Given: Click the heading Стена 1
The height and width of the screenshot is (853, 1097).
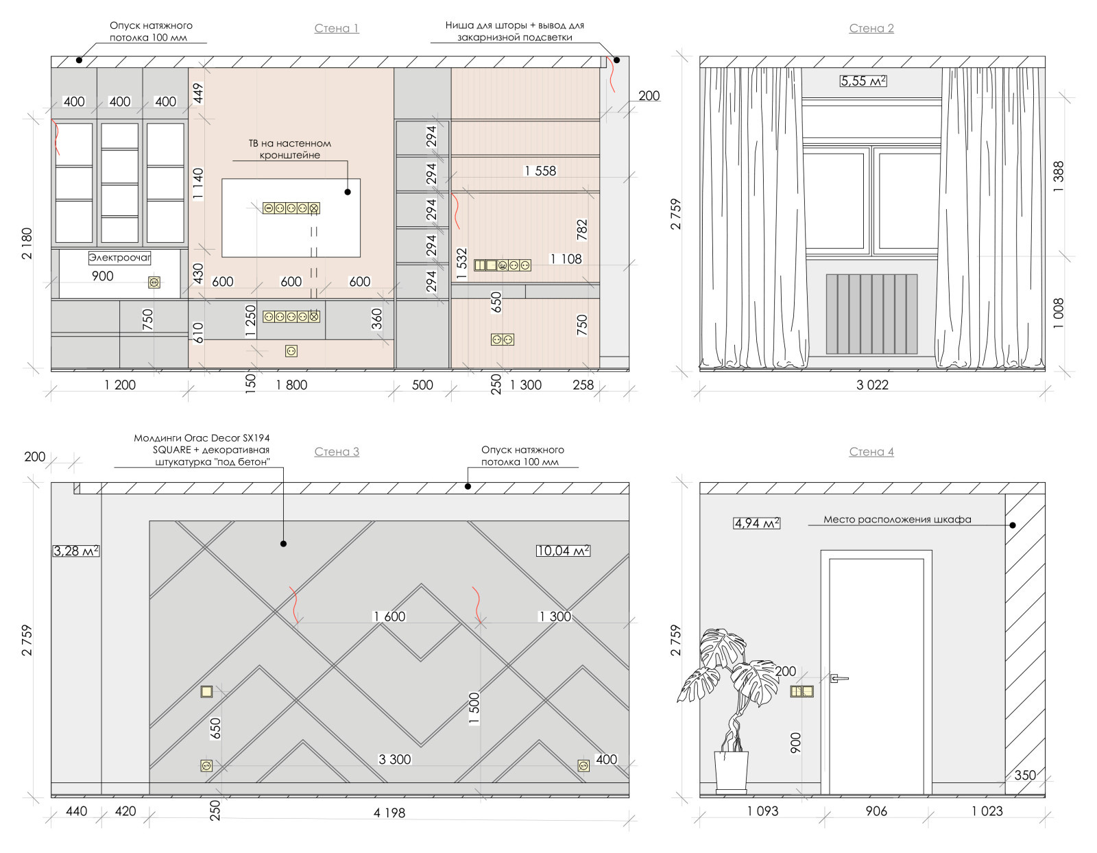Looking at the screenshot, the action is click(336, 28).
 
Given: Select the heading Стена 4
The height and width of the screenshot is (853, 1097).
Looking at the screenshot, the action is click(871, 452).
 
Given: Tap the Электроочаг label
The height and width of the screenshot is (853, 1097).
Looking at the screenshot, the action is click(120, 257).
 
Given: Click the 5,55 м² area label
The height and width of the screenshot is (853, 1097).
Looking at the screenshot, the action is click(863, 81).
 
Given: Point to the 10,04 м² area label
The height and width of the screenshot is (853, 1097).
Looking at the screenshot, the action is click(563, 551).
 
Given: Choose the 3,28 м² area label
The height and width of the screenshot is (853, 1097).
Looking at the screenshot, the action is click(75, 551).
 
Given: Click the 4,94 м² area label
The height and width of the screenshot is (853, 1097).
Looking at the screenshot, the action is click(756, 523).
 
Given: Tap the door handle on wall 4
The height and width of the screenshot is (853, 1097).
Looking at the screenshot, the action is click(839, 678).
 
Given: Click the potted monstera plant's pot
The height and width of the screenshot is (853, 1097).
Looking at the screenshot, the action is click(730, 771).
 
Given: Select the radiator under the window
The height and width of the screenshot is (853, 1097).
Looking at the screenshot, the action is click(871, 314).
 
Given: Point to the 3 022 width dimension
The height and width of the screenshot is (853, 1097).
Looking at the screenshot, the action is click(872, 385).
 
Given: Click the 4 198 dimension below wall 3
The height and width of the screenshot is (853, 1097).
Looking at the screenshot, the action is click(389, 813).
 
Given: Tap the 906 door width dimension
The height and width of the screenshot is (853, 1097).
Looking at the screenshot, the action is click(876, 811).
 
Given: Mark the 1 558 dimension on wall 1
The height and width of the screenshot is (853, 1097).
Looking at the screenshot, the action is click(540, 171).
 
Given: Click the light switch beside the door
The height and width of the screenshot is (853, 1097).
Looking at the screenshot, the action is click(801, 691).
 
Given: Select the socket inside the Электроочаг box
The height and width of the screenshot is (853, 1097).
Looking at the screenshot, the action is click(154, 283).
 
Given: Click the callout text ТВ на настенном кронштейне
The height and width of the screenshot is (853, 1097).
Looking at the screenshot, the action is click(290, 149).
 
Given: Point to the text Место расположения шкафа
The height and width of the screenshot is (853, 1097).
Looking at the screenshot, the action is click(897, 519).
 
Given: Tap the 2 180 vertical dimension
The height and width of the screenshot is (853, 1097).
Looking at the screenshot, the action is click(27, 244).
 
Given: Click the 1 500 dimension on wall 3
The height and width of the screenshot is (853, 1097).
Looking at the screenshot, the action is click(474, 708).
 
